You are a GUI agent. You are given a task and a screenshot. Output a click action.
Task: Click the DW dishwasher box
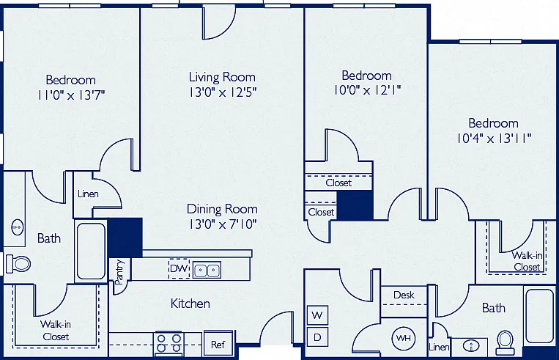pyautogui.click(x=179, y=268)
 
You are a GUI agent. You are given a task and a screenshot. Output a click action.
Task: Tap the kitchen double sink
pyautogui.click(x=207, y=270)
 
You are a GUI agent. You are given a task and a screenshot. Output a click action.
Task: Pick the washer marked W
pyautogui.click(x=317, y=315)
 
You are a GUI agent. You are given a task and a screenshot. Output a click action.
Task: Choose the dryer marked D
pyautogui.click(x=317, y=337)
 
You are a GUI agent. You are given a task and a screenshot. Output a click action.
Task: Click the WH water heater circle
pyautogui.click(x=404, y=337)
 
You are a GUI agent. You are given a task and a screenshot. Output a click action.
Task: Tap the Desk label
pyautogui.click(x=404, y=295)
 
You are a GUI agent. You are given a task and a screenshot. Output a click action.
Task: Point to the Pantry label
pyautogui.click(x=120, y=272)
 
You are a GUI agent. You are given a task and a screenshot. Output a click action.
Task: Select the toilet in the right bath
pyautogui.click(x=505, y=342)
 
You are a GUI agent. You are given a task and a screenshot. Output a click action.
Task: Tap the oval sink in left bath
pyautogui.click(x=17, y=227)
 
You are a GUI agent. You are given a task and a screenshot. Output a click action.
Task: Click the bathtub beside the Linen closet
pyautogui.click(x=91, y=251)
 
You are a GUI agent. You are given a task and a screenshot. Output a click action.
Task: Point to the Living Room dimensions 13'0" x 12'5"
pyautogui.click(x=223, y=92)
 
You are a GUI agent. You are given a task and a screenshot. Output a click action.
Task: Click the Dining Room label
pyautogui.click(x=222, y=209)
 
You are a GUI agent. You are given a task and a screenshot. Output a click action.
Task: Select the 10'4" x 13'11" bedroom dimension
pyautogui.click(x=494, y=138)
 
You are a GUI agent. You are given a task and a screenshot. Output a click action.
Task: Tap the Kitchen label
pyautogui.click(x=190, y=304)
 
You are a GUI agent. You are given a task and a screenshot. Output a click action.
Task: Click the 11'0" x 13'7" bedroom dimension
pyautogui.click(x=71, y=95)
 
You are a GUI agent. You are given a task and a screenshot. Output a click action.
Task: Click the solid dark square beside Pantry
pyautogui.click(x=125, y=238)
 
